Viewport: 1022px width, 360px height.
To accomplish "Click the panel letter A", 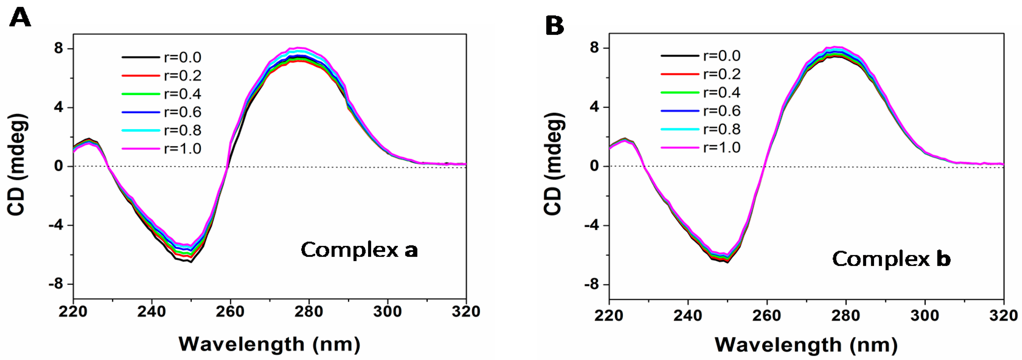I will click(x=20, y=18).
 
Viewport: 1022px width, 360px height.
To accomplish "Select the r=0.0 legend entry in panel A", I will click(x=182, y=57).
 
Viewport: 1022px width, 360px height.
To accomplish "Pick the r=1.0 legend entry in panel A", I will click(x=182, y=148).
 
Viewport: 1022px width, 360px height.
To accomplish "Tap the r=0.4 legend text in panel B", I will click(x=722, y=92).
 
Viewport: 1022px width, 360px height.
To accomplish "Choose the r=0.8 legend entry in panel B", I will click(x=722, y=129).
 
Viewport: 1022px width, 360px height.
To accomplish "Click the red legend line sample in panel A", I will click(x=140, y=75).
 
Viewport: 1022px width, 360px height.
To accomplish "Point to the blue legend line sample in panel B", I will click(x=680, y=111).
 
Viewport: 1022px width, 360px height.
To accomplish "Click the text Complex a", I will click(x=359, y=250).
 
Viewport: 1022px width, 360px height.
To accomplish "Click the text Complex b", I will click(x=891, y=259).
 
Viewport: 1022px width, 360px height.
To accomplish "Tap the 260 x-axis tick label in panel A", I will click(x=230, y=312).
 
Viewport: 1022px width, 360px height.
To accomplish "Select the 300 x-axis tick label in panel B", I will click(x=925, y=316).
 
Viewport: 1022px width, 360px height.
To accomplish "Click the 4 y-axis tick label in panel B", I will click(x=594, y=107).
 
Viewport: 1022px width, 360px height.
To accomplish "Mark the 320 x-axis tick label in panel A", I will click(x=465, y=312).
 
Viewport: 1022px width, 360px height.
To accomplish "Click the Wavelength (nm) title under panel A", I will click(x=269, y=344).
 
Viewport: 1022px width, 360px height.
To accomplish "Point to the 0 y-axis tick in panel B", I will click(x=594, y=166).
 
